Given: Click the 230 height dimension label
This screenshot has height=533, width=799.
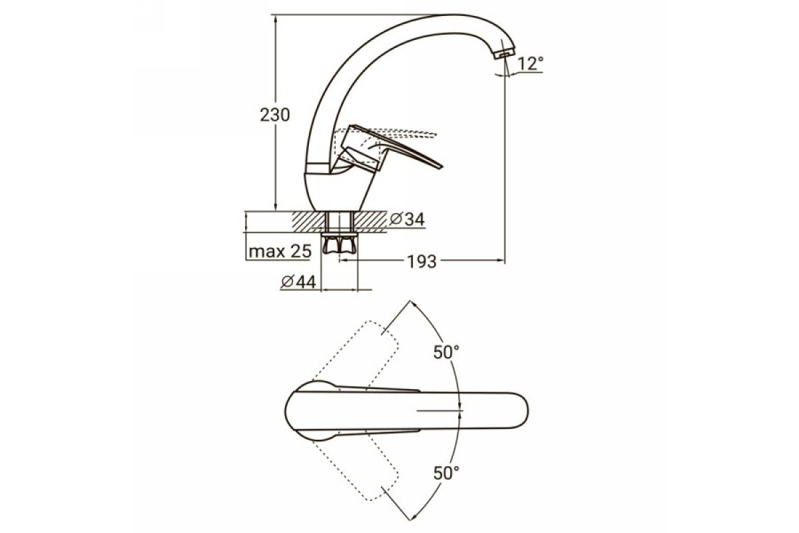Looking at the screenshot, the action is pyautogui.click(x=274, y=115).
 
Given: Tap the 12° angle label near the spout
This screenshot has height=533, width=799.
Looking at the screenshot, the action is pyautogui.click(x=531, y=63).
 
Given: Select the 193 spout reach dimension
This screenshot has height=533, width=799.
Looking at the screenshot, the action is pyautogui.click(x=422, y=261).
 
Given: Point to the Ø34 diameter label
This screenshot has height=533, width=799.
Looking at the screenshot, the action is pyautogui.click(x=407, y=219).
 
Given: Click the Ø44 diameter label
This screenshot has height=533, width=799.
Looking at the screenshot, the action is pyautogui.click(x=298, y=282).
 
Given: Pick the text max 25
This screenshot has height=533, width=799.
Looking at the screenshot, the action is pyautogui.click(x=280, y=251).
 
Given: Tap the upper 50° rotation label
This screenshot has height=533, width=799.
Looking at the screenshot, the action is pyautogui.click(x=446, y=352).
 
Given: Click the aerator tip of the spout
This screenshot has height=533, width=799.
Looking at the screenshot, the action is pyautogui.click(x=504, y=54).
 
